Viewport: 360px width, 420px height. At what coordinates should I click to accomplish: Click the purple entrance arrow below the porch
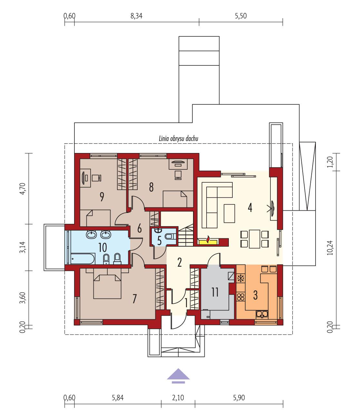[178, 376]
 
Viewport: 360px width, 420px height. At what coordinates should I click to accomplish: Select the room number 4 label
[250, 207]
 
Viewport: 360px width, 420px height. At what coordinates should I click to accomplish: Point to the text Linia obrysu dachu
[178, 138]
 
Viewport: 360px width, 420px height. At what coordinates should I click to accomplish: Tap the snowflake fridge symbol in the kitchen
[241, 278]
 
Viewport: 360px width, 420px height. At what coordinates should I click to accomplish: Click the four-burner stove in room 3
[241, 296]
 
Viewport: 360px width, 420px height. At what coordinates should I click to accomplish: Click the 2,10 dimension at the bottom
[178, 398]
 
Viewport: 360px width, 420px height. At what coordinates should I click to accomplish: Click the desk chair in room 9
[97, 177]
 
